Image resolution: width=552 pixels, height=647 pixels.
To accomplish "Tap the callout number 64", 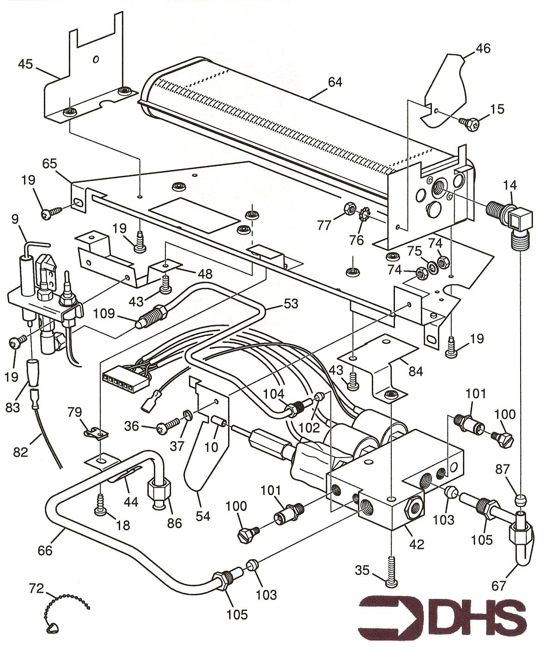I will click(x=335, y=82).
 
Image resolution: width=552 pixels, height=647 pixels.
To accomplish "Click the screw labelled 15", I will click(x=469, y=122).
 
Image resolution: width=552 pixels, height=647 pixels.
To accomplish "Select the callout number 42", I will click(x=417, y=544).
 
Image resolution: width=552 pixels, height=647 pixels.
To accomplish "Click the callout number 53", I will click(x=291, y=304).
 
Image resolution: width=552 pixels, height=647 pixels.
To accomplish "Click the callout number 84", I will click(x=416, y=371).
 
